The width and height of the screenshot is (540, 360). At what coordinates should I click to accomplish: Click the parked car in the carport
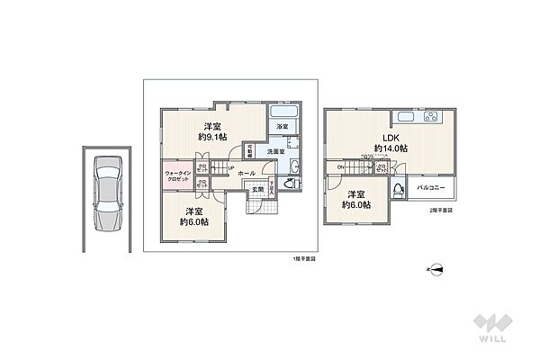[x=107, y=193]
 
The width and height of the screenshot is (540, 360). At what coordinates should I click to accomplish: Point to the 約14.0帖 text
[x=391, y=148]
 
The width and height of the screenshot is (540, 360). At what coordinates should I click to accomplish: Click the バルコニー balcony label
[x=434, y=188]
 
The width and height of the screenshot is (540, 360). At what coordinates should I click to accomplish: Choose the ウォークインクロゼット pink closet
[x=177, y=175]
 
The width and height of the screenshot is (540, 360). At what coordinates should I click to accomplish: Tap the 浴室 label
[x=282, y=126]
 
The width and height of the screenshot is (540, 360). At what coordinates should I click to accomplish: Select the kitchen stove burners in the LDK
[x=429, y=118]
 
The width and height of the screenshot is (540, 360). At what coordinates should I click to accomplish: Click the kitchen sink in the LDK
[x=404, y=119]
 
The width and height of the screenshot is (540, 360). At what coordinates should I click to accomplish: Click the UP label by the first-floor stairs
[x=230, y=168]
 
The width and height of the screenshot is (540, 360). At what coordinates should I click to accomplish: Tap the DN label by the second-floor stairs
[x=340, y=168]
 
